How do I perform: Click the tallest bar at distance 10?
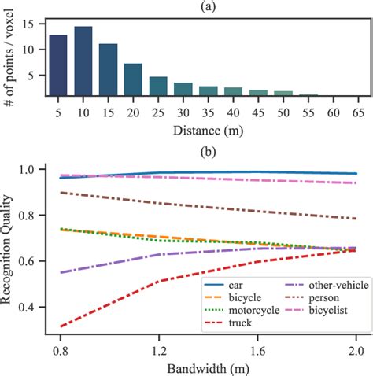click(x=83, y=61)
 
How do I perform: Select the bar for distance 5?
click(x=58, y=65)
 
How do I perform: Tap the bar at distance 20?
click(x=133, y=79)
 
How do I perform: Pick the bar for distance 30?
click(x=183, y=89)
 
